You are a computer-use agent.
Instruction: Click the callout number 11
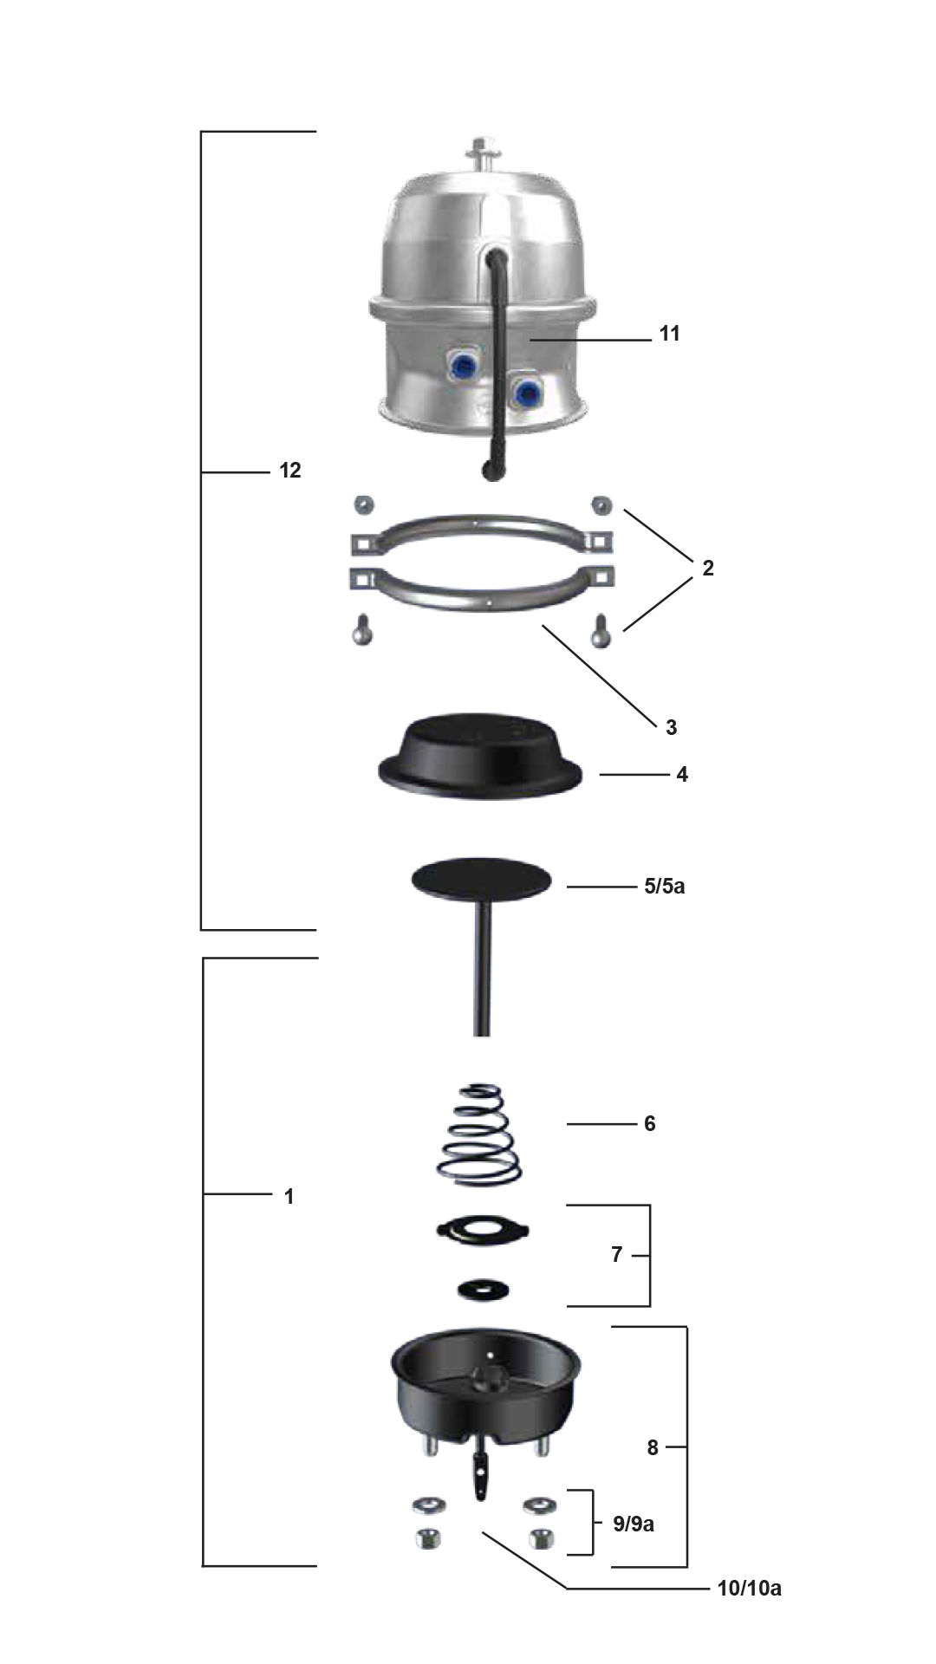pyautogui.click(x=669, y=334)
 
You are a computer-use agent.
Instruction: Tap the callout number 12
pyautogui.click(x=290, y=471)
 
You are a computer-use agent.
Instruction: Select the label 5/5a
pyautogui.click(x=664, y=886)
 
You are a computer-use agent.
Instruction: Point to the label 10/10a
pyautogui.click(x=749, y=1588)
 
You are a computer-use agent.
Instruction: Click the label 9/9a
pyautogui.click(x=634, y=1524)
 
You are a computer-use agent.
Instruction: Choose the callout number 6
pyautogui.click(x=649, y=1123)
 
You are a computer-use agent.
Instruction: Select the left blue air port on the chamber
pyautogui.click(x=465, y=367)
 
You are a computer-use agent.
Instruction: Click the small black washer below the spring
pyautogui.click(x=483, y=1290)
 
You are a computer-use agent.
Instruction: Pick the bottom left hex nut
pyautogui.click(x=428, y=1538)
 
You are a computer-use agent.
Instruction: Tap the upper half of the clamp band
pyautogui.click(x=481, y=521)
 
